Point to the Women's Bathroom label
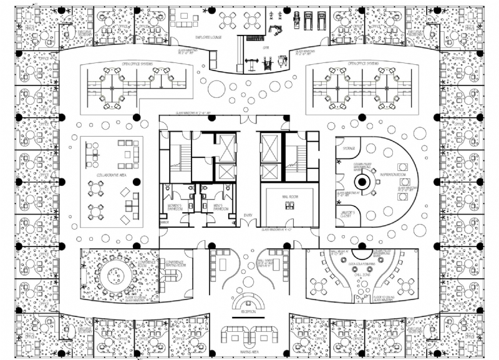point(172,207)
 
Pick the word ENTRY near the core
point(248,216)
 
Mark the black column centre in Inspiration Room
point(361,183)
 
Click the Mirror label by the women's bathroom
point(165,221)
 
